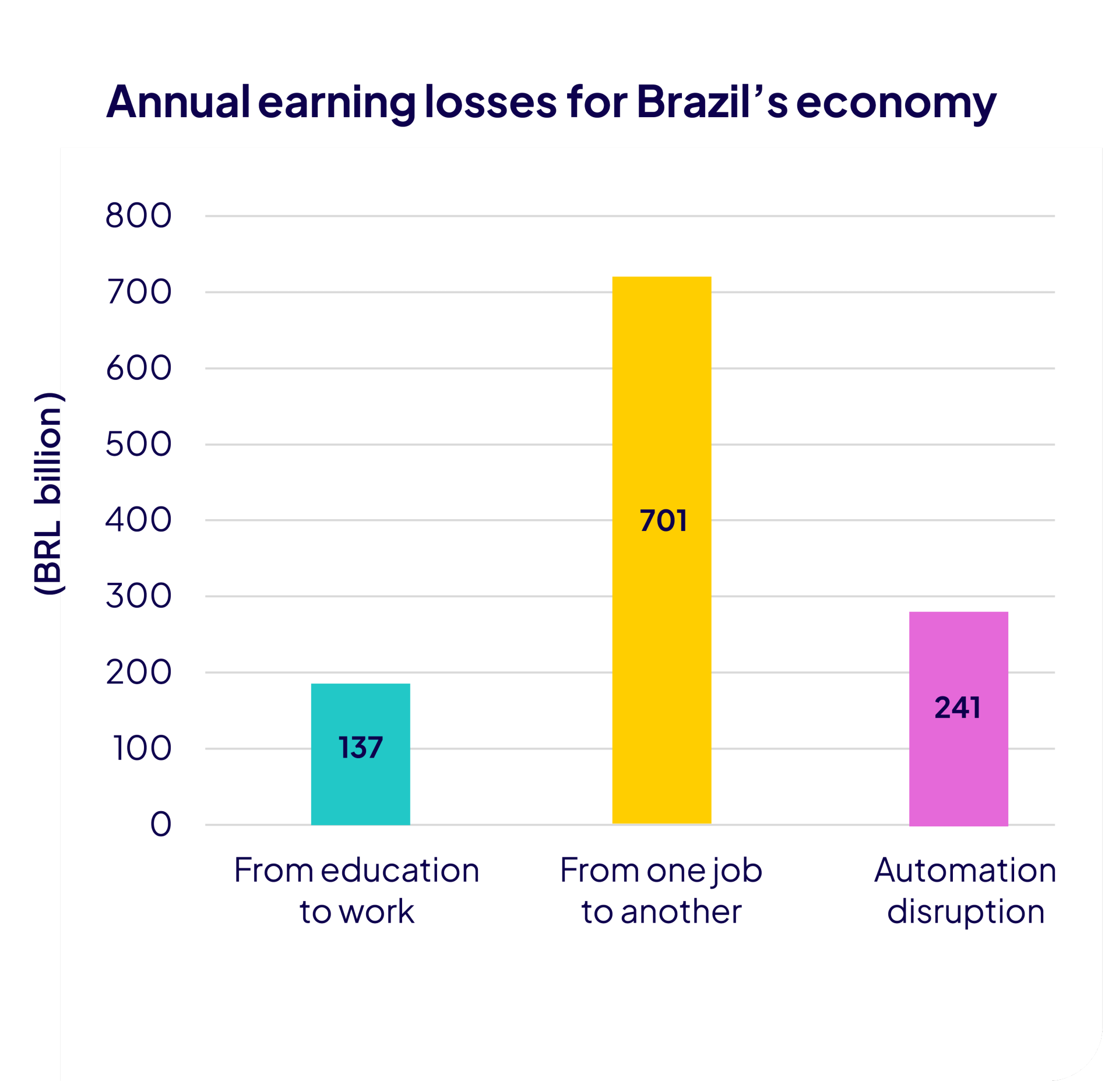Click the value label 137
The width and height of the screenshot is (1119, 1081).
(x=360, y=747)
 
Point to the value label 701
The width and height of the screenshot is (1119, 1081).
(x=663, y=520)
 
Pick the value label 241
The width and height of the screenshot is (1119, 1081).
(x=958, y=707)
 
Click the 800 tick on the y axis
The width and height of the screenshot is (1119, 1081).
(x=139, y=215)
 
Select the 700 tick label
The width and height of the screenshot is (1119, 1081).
(x=139, y=291)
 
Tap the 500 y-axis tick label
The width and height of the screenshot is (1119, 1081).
(x=139, y=444)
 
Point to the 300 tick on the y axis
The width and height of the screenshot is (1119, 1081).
(x=139, y=596)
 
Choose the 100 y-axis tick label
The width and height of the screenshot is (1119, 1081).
(x=142, y=748)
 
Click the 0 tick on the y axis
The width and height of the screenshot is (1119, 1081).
(x=161, y=824)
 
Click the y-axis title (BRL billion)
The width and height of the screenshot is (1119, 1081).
(x=48, y=494)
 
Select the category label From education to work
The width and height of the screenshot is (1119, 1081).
(x=357, y=890)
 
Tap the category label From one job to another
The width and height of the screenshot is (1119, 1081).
(x=661, y=890)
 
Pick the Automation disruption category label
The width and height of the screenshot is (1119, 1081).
(x=965, y=890)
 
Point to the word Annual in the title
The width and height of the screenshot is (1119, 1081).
(x=178, y=101)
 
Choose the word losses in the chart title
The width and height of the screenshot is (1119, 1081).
(x=491, y=101)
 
